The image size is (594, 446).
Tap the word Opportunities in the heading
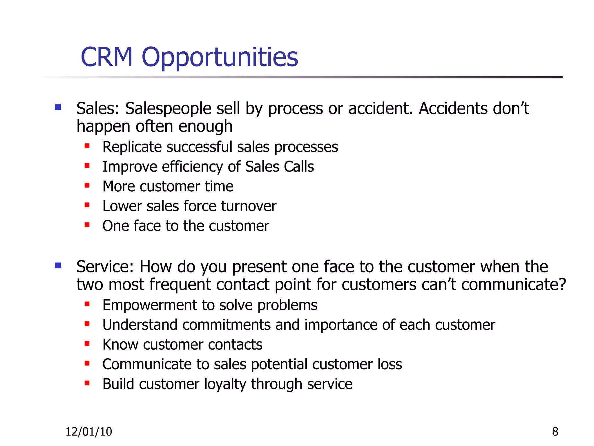point(220,57)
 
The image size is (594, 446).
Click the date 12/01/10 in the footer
point(89,432)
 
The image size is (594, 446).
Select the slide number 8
point(555,432)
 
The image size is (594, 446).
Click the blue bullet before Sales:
point(58,108)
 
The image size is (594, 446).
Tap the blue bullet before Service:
point(58,266)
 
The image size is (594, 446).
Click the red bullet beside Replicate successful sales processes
point(87,146)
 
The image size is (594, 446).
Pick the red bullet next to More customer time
point(87,185)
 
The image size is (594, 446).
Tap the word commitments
point(226,325)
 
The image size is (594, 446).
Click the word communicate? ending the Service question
point(513,285)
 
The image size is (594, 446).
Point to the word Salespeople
point(168,109)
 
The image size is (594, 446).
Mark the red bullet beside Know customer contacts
point(87,344)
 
